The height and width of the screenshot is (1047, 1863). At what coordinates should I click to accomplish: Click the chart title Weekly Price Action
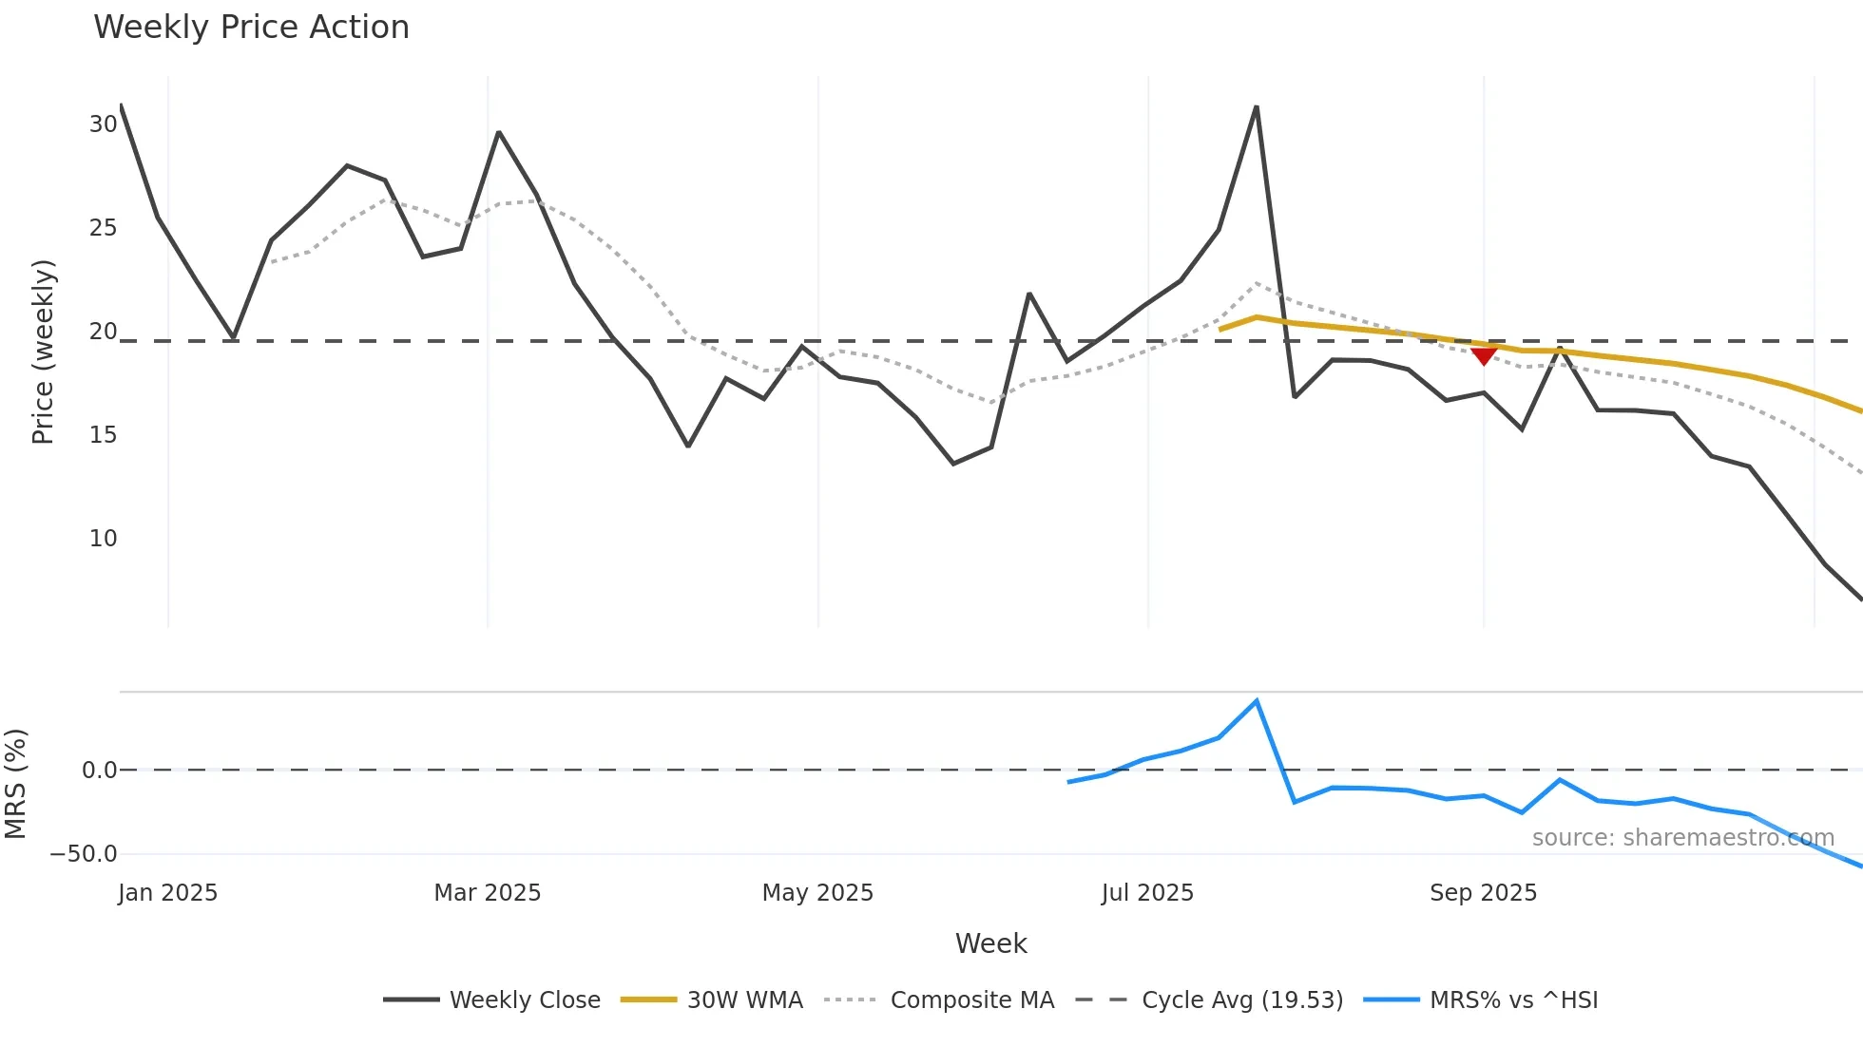point(251,27)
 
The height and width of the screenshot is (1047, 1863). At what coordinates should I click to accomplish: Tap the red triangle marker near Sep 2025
point(1484,355)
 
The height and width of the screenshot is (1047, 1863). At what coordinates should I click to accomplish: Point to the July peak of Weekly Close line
point(1257,107)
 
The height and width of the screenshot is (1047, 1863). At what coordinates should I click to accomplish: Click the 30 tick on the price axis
point(103,124)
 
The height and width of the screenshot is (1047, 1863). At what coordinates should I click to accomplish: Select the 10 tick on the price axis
point(103,539)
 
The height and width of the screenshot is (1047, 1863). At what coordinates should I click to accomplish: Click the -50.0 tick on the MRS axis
point(84,853)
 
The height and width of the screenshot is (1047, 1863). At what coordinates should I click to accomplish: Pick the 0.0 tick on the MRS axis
point(99,771)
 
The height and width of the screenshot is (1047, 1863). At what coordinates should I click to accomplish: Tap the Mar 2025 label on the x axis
point(487,893)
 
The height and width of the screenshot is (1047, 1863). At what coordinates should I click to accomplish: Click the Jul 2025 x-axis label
point(1147,893)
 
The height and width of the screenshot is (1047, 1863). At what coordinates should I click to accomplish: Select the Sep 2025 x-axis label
point(1483,893)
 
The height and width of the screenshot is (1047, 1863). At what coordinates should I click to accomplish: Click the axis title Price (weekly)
point(44,352)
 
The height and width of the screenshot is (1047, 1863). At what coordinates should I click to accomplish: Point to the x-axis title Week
point(990,943)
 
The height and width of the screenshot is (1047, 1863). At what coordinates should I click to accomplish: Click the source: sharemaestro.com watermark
point(1682,838)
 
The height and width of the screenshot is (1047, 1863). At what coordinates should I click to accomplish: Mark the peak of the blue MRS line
point(1257,701)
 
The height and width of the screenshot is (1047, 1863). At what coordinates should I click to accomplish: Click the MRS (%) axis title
point(16,784)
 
